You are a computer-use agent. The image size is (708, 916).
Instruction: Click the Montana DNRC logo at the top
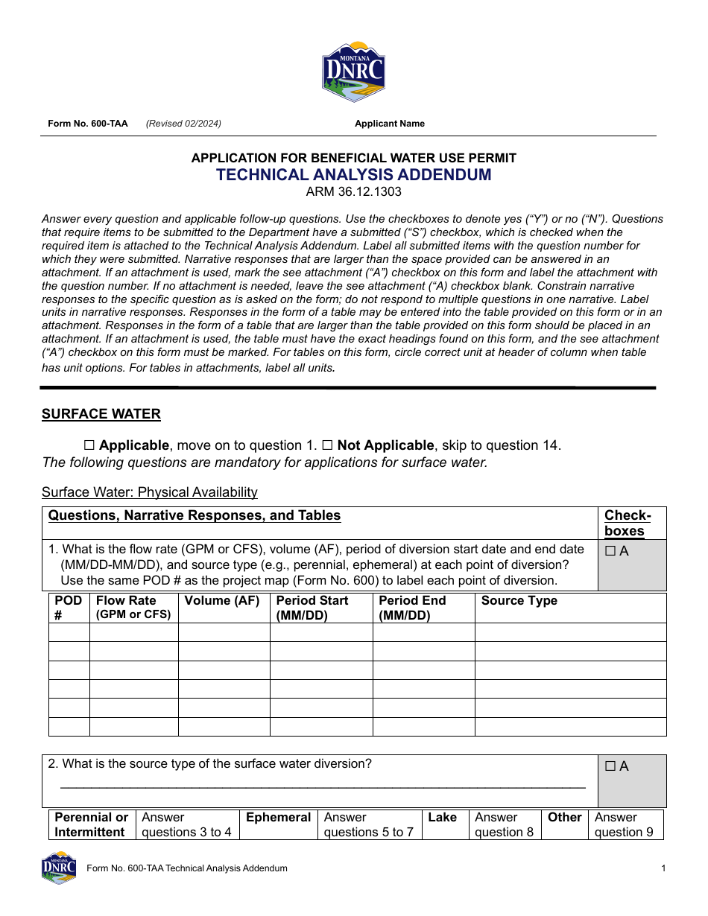pyautogui.click(x=353, y=71)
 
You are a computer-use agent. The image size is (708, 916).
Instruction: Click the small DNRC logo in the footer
pyautogui.click(x=59, y=868)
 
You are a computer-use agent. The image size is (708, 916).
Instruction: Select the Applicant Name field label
pyautogui.click(x=389, y=124)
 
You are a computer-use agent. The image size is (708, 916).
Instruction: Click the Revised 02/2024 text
pyautogui.click(x=183, y=124)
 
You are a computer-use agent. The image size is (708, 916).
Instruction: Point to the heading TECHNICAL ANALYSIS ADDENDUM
pyautogui.click(x=353, y=175)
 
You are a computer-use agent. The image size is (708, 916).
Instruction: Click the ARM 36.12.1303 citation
pyautogui.click(x=353, y=192)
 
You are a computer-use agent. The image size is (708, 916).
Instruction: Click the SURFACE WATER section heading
pyautogui.click(x=101, y=414)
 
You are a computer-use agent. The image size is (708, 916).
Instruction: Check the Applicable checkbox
pyautogui.click(x=89, y=445)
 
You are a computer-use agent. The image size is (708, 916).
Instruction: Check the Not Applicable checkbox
pyautogui.click(x=327, y=445)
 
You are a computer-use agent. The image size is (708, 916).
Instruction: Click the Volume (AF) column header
pyautogui.click(x=222, y=601)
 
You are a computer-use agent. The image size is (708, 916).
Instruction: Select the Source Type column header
pyautogui.click(x=519, y=601)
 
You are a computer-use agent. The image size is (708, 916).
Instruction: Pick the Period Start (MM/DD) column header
pyautogui.click(x=312, y=608)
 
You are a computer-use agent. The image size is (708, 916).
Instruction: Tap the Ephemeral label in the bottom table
pyautogui.click(x=278, y=818)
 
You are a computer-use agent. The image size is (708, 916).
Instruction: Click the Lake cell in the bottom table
pyautogui.click(x=442, y=818)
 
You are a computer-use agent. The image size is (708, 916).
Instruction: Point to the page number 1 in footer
pyautogui.click(x=663, y=868)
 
